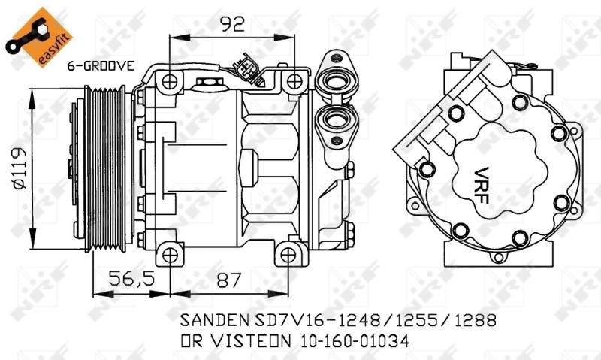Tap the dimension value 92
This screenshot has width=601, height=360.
pos(233,24)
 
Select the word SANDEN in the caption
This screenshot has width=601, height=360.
pos(213,320)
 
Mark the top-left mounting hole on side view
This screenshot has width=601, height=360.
pos(171,80)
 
